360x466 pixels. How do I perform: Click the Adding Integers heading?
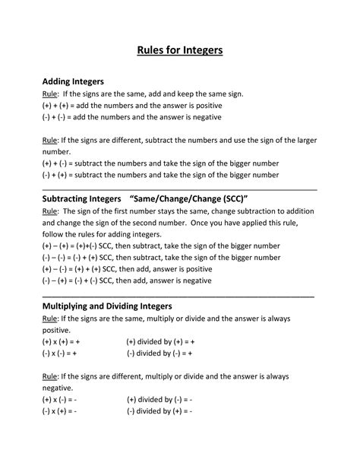pyautogui.click(x=73, y=81)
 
